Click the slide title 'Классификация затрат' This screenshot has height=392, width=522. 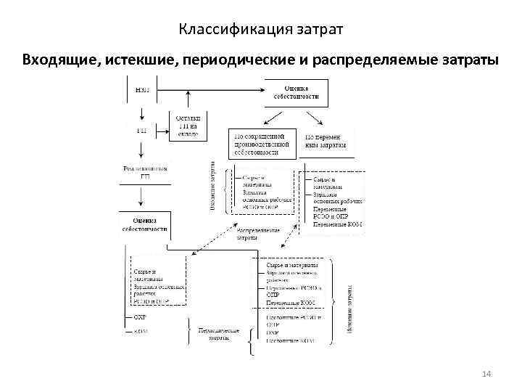click(x=260, y=30)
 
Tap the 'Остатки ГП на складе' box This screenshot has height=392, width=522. click(x=189, y=126)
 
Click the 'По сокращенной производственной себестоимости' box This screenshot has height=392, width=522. click(x=263, y=144)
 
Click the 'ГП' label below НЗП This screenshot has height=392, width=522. click(x=143, y=131)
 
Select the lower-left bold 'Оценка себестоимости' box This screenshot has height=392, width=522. click(x=144, y=224)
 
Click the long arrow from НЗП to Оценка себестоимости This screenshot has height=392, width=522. click(x=210, y=90)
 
